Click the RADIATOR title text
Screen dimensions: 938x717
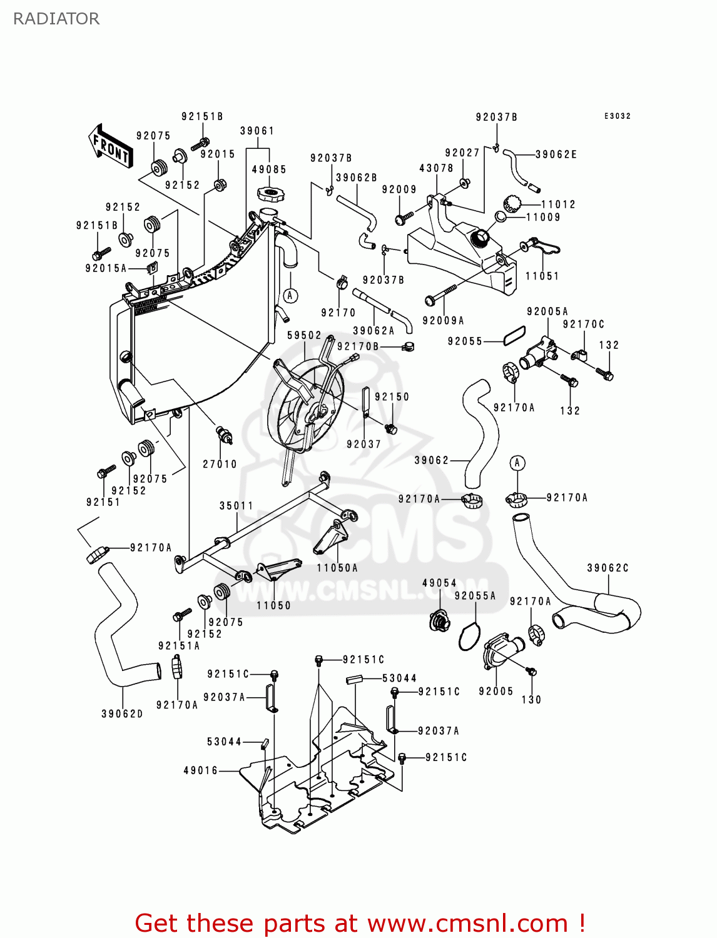click(56, 19)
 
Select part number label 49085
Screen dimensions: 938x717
click(269, 169)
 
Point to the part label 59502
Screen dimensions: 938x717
click(304, 335)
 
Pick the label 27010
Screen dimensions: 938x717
click(220, 464)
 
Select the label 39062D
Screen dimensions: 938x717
click(122, 714)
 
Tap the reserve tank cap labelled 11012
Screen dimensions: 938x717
click(512, 203)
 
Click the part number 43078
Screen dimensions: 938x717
click(436, 168)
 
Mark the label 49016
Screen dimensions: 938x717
click(201, 770)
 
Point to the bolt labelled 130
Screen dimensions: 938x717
click(531, 672)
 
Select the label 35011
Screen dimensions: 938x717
click(236, 505)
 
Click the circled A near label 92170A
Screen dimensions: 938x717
click(517, 463)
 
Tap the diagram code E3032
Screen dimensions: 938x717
click(618, 116)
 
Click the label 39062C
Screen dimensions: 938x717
click(608, 568)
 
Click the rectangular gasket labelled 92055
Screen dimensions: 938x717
click(514, 335)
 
